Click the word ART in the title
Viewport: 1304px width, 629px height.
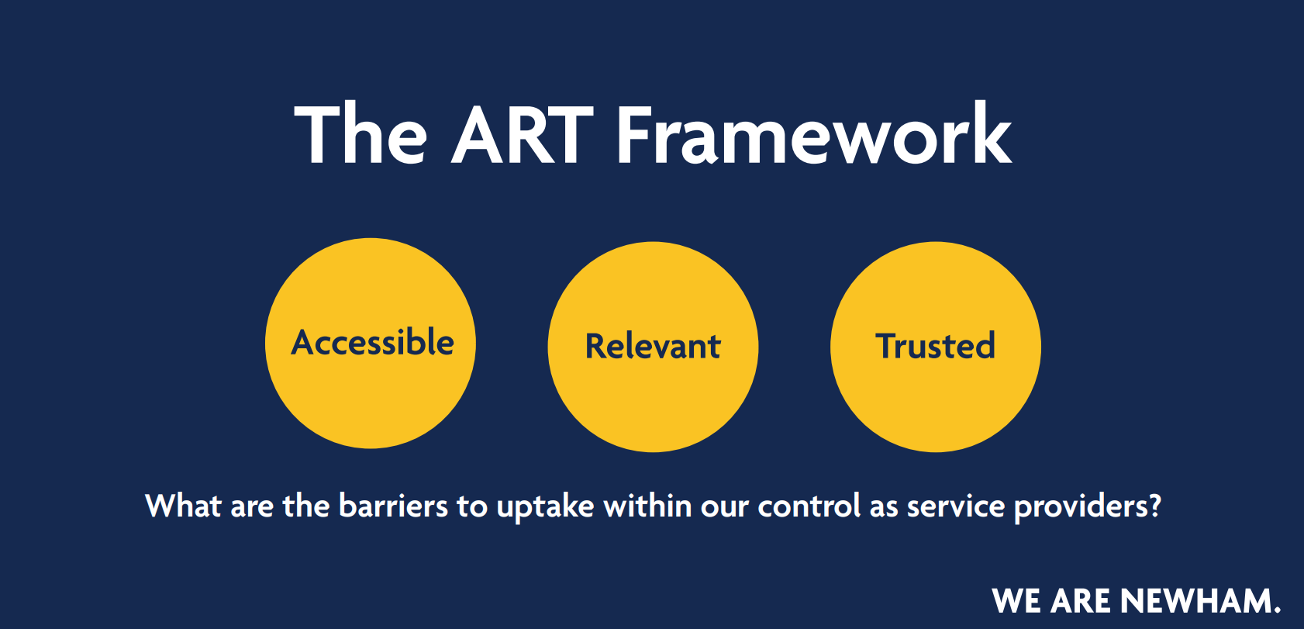point(523,135)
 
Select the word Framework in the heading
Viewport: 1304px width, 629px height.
point(814,133)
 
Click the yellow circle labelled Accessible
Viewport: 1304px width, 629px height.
point(371,343)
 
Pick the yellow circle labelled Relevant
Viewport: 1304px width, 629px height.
point(654,347)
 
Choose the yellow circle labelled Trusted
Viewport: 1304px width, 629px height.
point(936,347)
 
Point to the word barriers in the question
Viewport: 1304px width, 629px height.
point(393,505)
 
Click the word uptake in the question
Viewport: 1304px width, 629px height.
point(545,506)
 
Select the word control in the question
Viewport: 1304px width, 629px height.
point(809,505)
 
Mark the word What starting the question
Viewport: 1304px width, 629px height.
point(184,505)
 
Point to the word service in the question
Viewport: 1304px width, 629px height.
point(956,506)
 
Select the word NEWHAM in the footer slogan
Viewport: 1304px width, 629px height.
point(1195,600)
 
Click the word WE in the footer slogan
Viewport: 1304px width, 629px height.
point(1016,600)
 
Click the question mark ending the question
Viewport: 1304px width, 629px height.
point(1154,505)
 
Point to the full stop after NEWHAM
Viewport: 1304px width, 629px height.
point(1277,609)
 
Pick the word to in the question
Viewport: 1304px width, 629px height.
point(472,506)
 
